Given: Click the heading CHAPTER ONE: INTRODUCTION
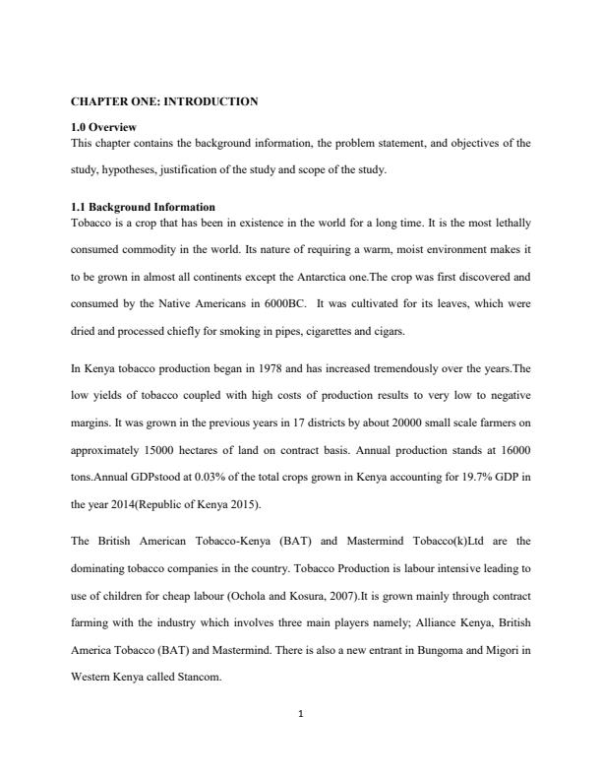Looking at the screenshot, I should point(164,101).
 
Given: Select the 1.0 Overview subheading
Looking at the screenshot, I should point(104,127).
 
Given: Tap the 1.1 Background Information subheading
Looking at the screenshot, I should point(143,207).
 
